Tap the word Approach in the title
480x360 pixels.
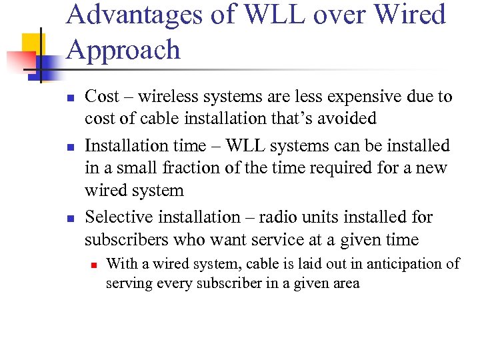[x=123, y=50]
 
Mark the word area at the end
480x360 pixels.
[x=346, y=283]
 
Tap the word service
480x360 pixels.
[x=273, y=239]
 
